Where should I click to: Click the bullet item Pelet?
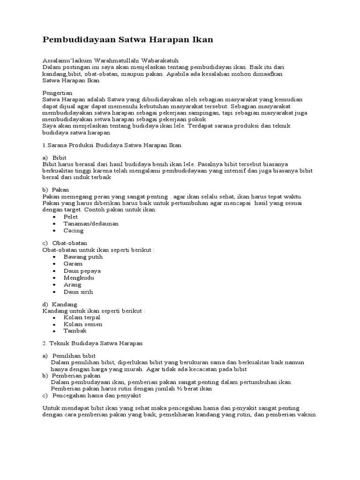click(71, 217)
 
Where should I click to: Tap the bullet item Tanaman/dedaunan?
click(91, 224)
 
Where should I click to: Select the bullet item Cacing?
click(74, 230)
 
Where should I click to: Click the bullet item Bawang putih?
click(83, 257)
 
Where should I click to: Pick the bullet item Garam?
click(73, 263)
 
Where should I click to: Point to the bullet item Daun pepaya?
click(82, 271)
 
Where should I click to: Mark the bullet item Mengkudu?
click(79, 277)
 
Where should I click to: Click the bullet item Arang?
click(72, 285)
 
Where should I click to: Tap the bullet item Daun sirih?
click(78, 292)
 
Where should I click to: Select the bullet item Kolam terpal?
click(82, 317)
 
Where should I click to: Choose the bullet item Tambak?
click(75, 330)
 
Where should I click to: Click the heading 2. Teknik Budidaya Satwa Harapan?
click(92, 343)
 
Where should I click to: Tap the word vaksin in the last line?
click(307, 415)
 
